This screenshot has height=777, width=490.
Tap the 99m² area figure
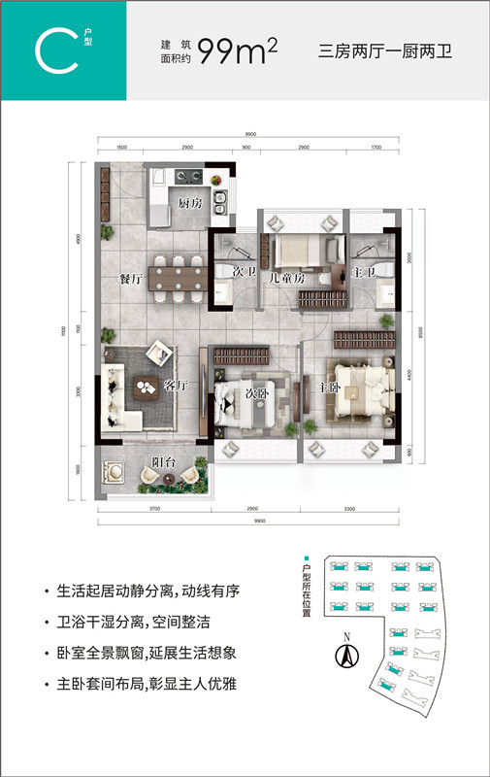238,52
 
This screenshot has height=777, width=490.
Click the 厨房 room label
189,204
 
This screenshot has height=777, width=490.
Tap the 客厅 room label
176,386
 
